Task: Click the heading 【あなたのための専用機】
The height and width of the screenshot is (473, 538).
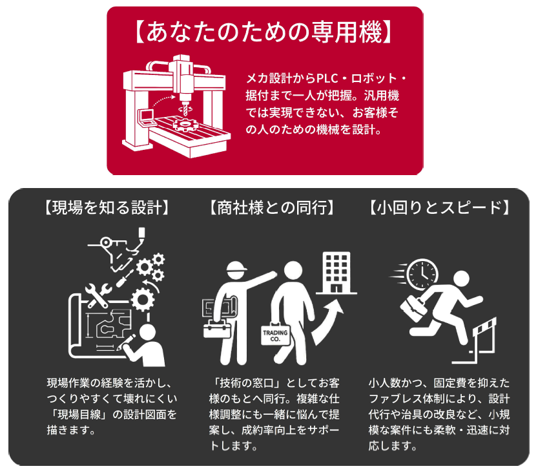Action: [264, 32]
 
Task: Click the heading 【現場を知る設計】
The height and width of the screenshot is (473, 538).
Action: [107, 207]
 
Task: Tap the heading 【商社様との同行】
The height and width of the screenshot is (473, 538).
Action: [271, 207]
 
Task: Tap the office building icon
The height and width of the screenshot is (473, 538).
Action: [336, 273]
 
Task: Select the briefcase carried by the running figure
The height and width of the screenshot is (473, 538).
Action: [414, 308]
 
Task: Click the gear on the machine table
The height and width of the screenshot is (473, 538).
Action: [185, 123]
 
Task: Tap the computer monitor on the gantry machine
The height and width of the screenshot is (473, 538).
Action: [146, 118]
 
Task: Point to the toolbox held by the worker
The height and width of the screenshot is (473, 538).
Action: [217, 329]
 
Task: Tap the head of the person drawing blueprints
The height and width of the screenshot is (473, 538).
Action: [147, 332]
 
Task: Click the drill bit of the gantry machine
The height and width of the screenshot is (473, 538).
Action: [185, 110]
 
